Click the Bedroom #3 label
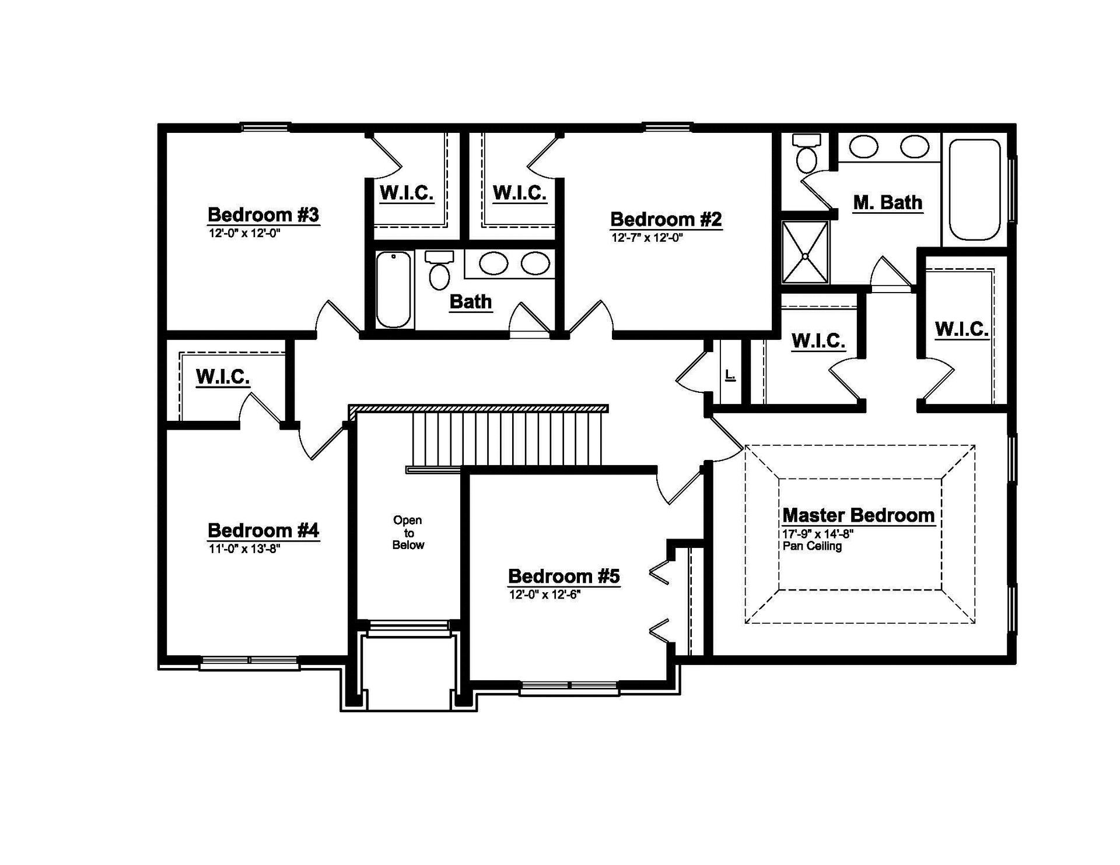pos(264,215)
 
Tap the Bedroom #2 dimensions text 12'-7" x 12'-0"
pos(647,238)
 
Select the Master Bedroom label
pos(858,515)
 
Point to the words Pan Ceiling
pos(812,546)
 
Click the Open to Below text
pos(408,533)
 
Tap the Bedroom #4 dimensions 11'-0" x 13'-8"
pos(245,548)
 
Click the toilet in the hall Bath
pos(439,270)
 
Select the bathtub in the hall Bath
pos(393,289)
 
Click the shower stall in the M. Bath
pos(805,252)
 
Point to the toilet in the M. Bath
pos(807,153)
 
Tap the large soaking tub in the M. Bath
pos(975,189)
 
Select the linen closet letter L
pos(730,375)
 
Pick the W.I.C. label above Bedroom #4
pos(223,377)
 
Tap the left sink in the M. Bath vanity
pos(863,146)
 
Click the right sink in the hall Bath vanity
pos(535,263)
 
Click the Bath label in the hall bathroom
pos(471,301)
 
